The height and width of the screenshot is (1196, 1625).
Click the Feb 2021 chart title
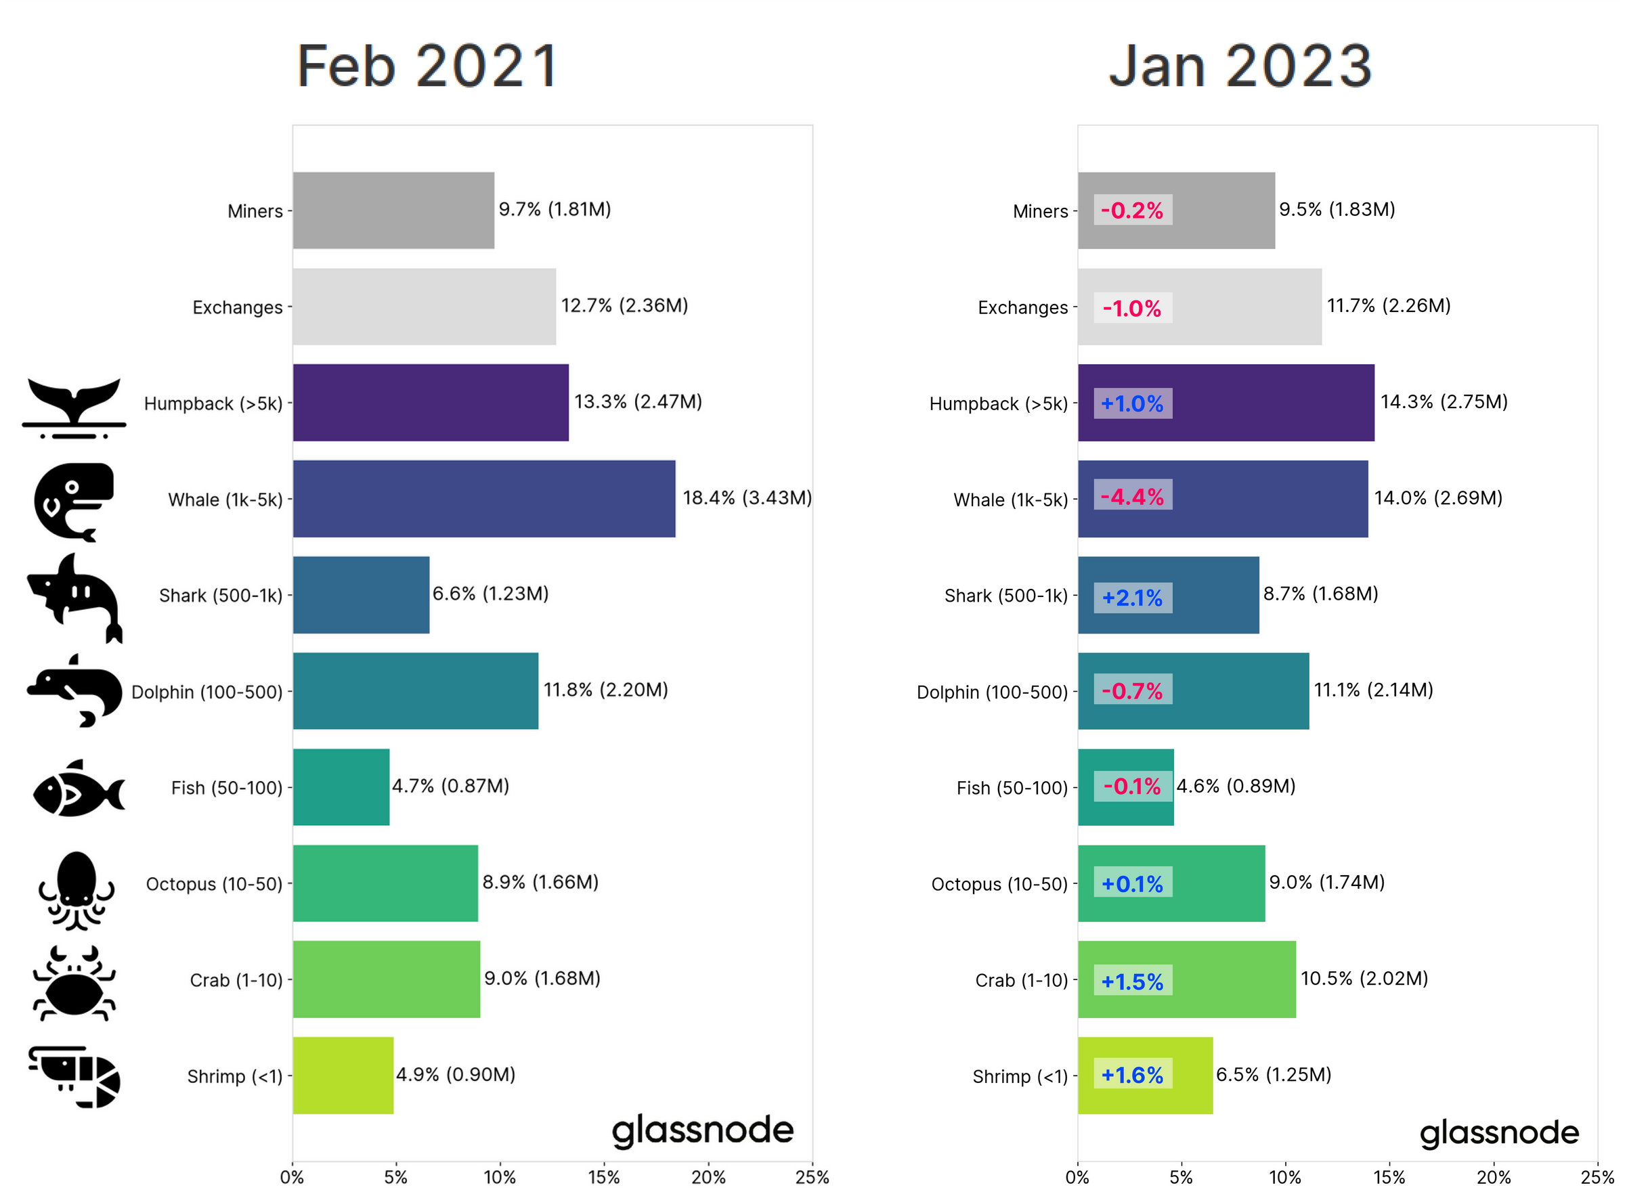427,66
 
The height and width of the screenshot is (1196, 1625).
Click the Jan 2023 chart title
1240,66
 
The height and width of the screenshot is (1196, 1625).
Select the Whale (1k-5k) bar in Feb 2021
483,499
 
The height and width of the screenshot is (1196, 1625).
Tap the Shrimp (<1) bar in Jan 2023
1144,1075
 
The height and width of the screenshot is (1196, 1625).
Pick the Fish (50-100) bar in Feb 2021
341,787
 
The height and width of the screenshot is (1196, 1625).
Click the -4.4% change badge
1132,497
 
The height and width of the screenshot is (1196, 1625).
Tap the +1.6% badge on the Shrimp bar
1132,1075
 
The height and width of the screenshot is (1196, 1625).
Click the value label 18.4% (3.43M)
747,498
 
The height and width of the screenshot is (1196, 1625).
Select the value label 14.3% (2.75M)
1444,402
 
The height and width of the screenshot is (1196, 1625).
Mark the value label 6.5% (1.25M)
1273,1074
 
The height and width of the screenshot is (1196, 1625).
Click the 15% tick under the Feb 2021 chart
604,1177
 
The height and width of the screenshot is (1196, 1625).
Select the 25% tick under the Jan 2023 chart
1597,1177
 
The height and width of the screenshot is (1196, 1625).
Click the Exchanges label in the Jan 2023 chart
1022,308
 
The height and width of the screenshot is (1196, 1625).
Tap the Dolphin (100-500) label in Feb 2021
207,692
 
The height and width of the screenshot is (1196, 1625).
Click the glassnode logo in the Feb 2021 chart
702,1132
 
